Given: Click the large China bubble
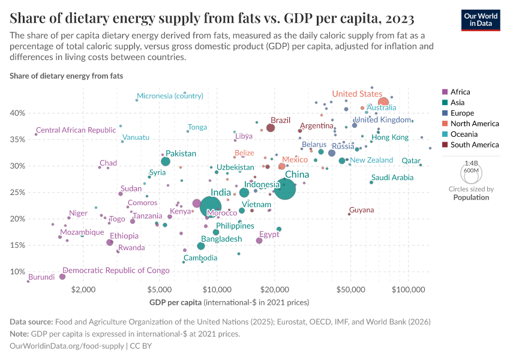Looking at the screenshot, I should (285, 189).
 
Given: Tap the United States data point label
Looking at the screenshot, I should (357, 94).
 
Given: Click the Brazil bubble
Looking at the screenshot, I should (271, 128).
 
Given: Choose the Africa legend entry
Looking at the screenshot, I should (460, 92).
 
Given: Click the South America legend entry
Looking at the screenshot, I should (474, 145).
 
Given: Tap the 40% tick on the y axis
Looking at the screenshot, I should (16, 113).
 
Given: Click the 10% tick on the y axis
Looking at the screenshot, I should (16, 272).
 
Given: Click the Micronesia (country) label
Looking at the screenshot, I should (170, 96).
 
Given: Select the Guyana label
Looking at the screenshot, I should (361, 210).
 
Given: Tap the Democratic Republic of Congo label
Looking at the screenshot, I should (116, 271).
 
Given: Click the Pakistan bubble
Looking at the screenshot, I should (166, 161).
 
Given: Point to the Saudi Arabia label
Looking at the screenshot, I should (392, 178).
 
